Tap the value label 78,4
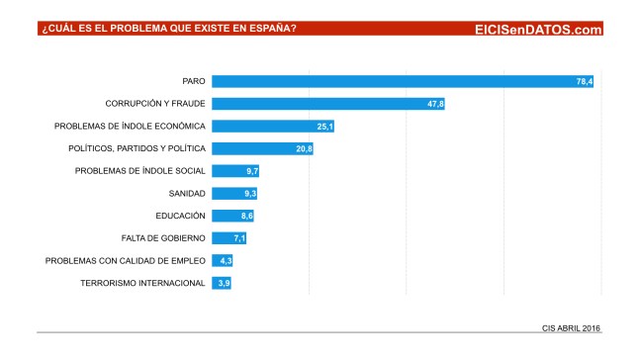tap(583, 81)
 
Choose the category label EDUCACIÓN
tap(180, 216)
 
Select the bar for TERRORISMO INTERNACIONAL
tap(221, 283)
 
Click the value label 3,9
tap(224, 283)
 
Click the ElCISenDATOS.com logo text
tap(538, 30)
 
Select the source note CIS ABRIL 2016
tap(571, 327)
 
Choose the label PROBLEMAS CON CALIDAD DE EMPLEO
tap(126, 260)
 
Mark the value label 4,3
tap(225, 261)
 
